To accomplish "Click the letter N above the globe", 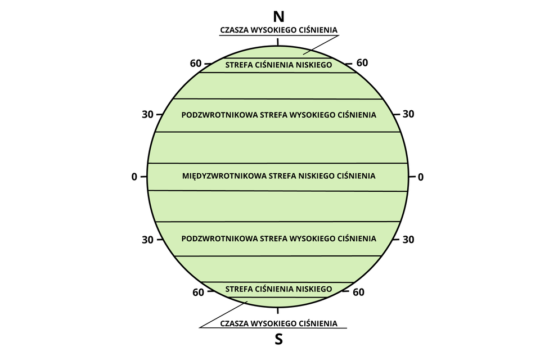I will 278,16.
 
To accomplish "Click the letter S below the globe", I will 278,339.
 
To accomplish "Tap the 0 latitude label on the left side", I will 134,177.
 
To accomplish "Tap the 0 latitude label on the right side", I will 420,177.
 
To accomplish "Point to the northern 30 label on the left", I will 147,114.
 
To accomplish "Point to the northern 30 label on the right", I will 408,114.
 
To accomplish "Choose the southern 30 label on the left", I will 147,240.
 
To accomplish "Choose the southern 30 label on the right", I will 408,240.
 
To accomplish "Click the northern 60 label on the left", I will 196,63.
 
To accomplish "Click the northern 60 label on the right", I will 362,62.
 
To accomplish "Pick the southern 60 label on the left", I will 198,292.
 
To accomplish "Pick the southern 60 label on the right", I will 359,292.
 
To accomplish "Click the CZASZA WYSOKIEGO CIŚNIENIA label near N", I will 278,30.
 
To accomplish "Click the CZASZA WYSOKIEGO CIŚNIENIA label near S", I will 278,323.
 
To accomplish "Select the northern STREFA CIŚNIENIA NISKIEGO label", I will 278,65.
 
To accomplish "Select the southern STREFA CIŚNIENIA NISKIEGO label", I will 278,289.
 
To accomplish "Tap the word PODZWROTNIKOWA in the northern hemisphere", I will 219,115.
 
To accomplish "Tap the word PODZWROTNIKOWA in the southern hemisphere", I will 219,238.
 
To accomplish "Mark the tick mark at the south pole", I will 278,310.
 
